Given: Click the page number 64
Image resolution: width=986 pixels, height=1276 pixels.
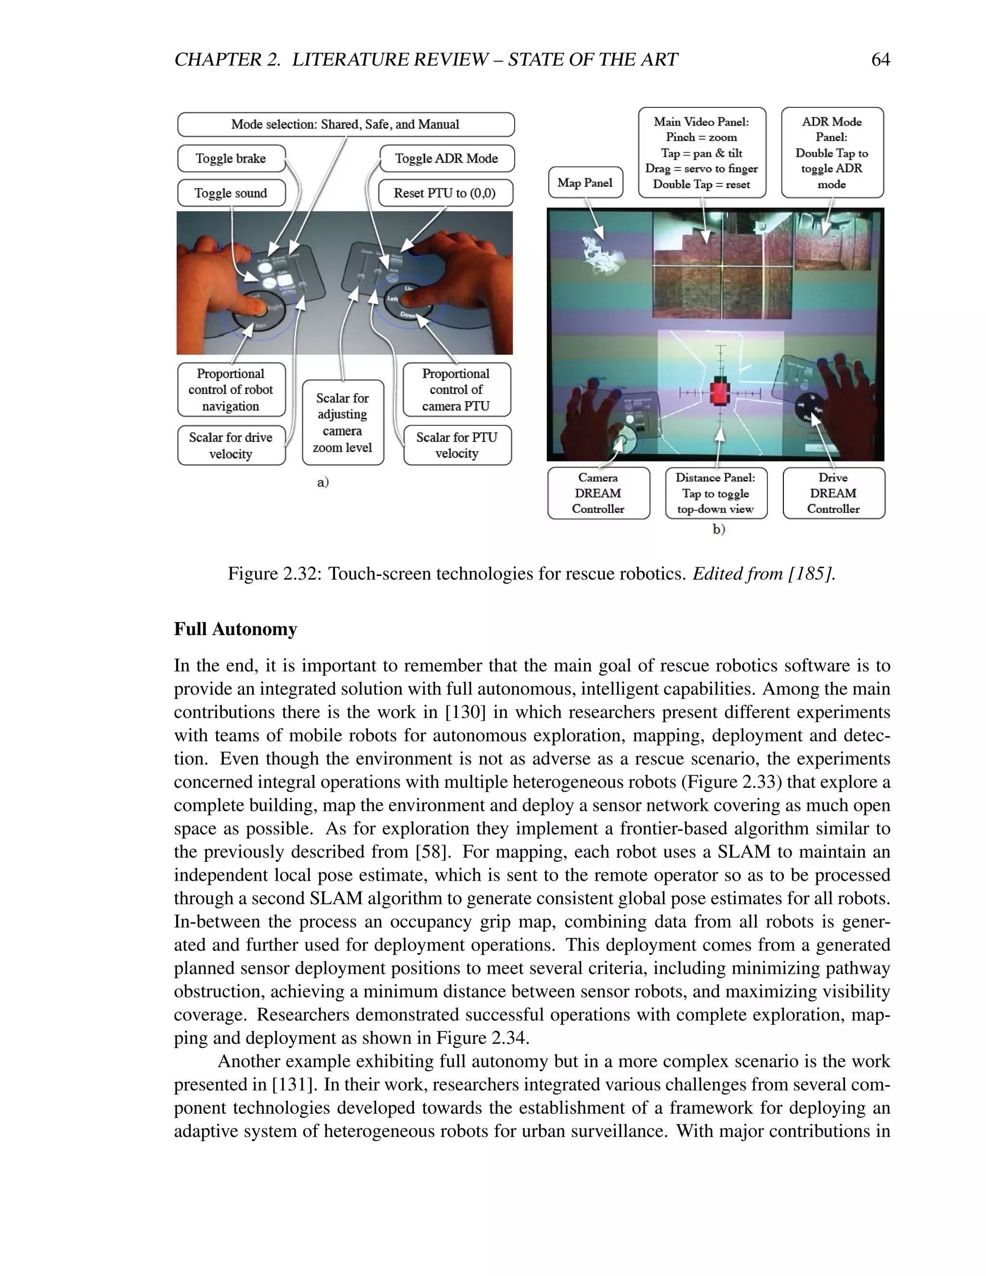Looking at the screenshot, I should click(880, 60).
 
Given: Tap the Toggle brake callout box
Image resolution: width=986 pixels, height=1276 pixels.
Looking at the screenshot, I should click(231, 158).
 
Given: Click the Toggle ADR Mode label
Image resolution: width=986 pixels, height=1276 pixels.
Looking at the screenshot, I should click(446, 158).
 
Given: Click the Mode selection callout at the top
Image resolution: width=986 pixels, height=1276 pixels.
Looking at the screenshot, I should click(345, 124).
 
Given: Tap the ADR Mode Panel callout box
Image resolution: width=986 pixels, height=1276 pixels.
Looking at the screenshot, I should click(832, 153).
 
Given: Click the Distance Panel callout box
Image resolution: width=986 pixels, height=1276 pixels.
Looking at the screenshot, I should click(715, 493).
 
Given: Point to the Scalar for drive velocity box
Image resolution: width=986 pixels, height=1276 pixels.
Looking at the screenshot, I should click(231, 445).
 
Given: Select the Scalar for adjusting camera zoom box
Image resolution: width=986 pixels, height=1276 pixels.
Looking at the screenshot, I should click(342, 422).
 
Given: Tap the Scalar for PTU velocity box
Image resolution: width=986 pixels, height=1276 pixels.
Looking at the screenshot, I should click(457, 445).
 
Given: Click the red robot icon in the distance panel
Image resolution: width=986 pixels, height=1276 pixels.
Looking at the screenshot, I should click(720, 392).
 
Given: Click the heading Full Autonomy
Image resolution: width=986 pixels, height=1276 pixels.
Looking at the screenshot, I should click(235, 629).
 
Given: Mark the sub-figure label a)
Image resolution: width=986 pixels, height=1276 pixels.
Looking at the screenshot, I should click(323, 482).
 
